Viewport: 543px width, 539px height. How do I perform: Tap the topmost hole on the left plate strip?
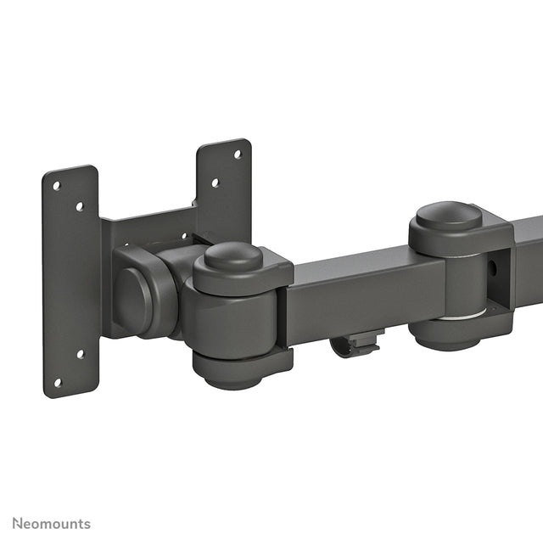56,185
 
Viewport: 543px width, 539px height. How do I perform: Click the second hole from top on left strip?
80,205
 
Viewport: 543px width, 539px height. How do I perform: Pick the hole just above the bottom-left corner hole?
81,354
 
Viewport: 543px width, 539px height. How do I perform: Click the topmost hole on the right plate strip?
237,154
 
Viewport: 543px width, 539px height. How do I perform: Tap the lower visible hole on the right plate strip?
215,182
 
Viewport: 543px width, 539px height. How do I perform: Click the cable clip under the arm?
355,343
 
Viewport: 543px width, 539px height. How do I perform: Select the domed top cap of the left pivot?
233,255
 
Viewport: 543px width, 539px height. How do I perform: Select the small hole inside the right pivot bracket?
492,268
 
